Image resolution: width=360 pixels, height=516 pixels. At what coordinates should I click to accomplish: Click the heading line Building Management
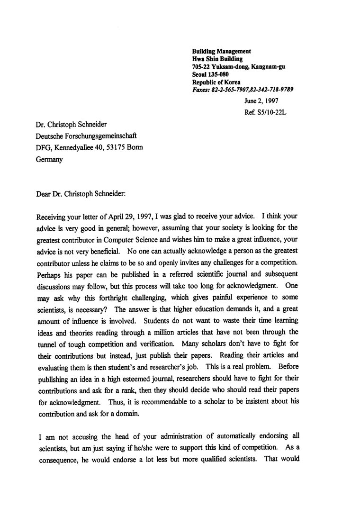pyautogui.click(x=221, y=51)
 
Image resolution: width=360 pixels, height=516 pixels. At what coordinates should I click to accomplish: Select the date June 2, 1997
pyautogui.click(x=261, y=101)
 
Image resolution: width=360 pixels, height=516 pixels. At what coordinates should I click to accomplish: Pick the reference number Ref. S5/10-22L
pyautogui.click(x=266, y=113)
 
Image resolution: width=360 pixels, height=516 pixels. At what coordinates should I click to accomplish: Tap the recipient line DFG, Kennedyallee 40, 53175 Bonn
pyautogui.click(x=90, y=147)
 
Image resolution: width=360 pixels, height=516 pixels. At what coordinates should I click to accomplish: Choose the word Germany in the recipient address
pyautogui.click(x=49, y=160)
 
